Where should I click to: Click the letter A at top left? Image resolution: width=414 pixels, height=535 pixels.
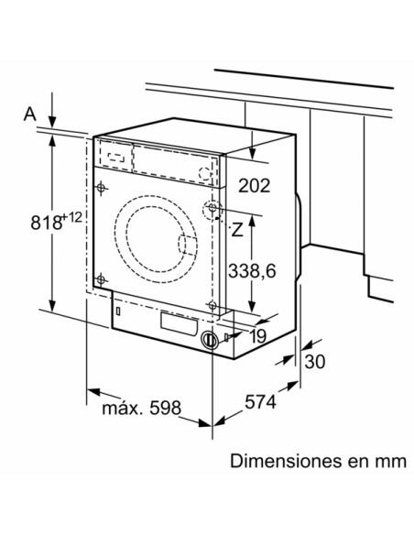pyautogui.click(x=29, y=114)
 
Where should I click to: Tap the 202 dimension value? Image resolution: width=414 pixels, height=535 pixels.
pyautogui.click(x=254, y=186)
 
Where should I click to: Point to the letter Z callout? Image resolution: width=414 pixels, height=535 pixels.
pyautogui.click(x=236, y=229)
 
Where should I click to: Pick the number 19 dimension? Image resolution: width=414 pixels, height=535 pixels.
pyautogui.click(x=256, y=336)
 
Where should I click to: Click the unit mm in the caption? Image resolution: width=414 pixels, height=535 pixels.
pyautogui.click(x=389, y=461)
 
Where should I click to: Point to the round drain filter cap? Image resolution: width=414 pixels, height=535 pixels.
pyautogui.click(x=210, y=339)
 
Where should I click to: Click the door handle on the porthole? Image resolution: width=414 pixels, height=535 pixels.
pyautogui.click(x=187, y=244)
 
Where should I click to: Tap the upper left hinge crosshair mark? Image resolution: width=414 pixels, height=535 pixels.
pyautogui.click(x=101, y=189)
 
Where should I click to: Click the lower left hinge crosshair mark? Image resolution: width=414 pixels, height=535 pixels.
pyautogui.click(x=101, y=278)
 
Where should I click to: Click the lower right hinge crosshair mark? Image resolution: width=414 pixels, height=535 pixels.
pyautogui.click(x=212, y=305)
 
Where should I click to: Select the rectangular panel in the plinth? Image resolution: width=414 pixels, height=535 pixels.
pyautogui.click(x=179, y=322)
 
